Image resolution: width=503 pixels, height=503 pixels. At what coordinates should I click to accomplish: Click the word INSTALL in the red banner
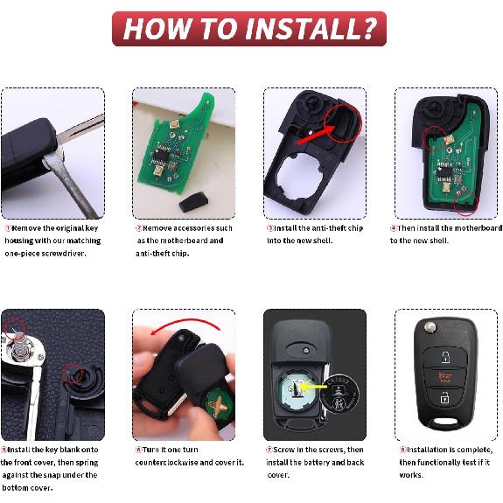click(297, 29)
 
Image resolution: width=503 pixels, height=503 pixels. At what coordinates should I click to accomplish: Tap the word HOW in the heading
click(155, 29)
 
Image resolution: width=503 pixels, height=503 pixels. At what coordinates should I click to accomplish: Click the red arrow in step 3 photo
click(315, 135)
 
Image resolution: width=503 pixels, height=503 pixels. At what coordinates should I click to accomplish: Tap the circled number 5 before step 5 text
click(4, 450)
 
